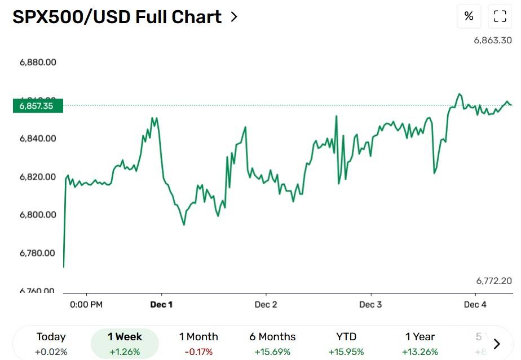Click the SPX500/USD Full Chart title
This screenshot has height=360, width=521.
pos(117,17)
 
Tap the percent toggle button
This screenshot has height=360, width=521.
pos(469,16)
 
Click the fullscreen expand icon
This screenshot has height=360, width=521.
pos(500,16)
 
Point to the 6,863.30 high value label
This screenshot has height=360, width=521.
pos(493,41)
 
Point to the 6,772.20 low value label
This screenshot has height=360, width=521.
pos(494,281)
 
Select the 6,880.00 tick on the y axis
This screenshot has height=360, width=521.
pos(38,63)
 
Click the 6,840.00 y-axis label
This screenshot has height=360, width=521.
pos(38,139)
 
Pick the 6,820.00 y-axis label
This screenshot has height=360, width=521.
pos(38,177)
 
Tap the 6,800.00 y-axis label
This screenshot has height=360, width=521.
pos(38,215)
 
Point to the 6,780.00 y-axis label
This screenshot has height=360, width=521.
pos(38,253)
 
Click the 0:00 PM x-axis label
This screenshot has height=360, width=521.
pos(86,305)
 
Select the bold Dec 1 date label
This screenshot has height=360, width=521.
pos(161,305)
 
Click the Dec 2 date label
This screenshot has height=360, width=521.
pos(266,305)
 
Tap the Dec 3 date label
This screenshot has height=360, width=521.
pos(370,305)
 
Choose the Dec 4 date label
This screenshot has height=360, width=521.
pos(475,305)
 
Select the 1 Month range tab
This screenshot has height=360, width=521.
pos(198,344)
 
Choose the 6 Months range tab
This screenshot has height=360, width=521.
pos(272,344)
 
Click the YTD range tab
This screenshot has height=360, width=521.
pos(346,344)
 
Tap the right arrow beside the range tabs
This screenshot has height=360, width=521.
pos(497,344)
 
